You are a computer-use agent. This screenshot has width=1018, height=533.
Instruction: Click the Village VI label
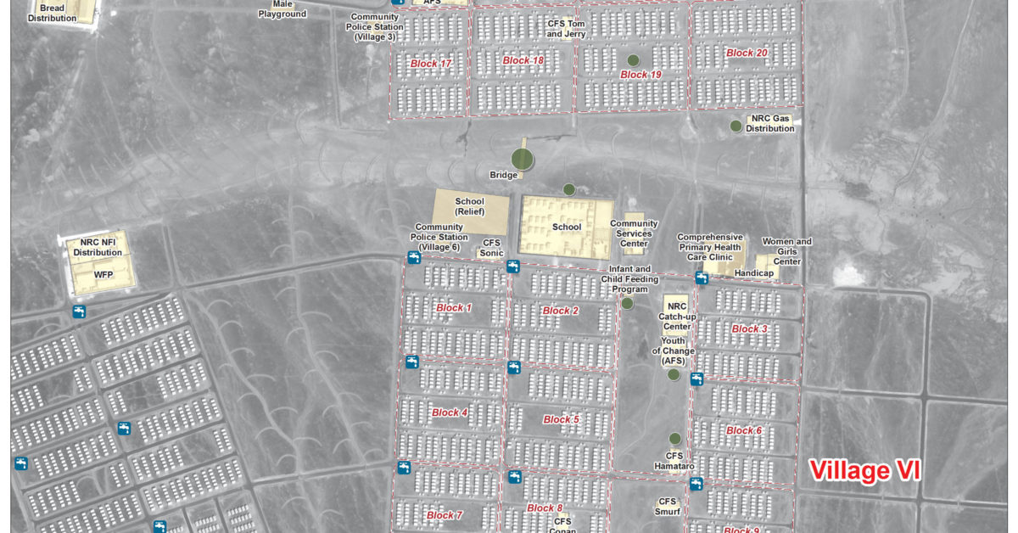click(x=864, y=470)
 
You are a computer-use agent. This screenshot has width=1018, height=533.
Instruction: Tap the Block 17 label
click(x=431, y=64)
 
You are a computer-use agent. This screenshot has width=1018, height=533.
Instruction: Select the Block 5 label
click(x=561, y=419)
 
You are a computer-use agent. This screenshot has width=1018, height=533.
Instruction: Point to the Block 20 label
click(x=747, y=53)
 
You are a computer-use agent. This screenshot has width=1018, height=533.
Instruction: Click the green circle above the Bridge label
click(x=523, y=158)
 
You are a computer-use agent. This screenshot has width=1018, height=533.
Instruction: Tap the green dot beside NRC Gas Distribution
click(x=736, y=126)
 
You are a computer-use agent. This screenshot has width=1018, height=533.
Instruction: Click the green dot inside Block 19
click(x=633, y=60)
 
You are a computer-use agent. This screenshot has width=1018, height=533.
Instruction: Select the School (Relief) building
click(x=471, y=211)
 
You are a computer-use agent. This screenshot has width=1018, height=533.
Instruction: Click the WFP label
click(x=103, y=274)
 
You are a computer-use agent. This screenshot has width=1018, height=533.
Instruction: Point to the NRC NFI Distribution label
click(x=98, y=247)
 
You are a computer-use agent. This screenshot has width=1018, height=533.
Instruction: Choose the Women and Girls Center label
click(x=786, y=251)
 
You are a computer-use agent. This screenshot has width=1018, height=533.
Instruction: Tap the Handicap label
click(x=753, y=272)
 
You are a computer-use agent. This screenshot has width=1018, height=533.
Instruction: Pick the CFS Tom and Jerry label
click(x=566, y=29)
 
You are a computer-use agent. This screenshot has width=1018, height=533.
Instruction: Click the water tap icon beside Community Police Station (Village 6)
click(x=414, y=257)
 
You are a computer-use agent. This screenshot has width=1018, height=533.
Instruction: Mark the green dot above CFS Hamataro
click(x=674, y=439)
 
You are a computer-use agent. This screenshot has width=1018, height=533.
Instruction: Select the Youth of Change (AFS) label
click(x=673, y=351)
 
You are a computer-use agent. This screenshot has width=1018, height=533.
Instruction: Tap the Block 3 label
click(x=749, y=328)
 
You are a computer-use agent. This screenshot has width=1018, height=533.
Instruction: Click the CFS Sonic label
click(x=492, y=247)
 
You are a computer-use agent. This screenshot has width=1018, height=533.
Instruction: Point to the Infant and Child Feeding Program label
click(x=629, y=278)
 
